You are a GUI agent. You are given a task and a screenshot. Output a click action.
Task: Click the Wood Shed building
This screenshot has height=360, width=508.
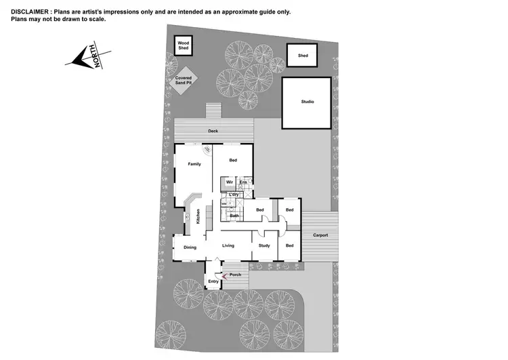point(183,46)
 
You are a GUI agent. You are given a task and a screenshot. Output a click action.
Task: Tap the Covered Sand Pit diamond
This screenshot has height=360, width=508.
point(184,81)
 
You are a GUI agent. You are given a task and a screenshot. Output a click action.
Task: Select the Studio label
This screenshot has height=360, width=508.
point(308,102)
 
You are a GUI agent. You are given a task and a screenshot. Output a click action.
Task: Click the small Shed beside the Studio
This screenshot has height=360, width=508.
point(302,56)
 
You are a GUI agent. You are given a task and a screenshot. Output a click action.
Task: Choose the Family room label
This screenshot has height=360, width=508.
point(194,164)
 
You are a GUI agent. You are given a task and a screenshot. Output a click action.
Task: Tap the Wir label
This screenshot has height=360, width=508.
point(230,182)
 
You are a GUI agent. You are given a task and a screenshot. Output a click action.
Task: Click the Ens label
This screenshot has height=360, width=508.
point(243,182)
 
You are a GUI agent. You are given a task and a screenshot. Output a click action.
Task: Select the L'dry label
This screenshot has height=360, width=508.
point(234,195)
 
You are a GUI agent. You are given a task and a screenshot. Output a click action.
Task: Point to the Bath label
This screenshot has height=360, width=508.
point(234,216)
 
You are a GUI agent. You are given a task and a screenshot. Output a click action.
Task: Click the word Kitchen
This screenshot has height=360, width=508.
point(198,216)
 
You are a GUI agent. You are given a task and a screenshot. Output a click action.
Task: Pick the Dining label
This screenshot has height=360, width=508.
point(190,247)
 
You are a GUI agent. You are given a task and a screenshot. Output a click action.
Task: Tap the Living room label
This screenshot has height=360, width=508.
point(228,245)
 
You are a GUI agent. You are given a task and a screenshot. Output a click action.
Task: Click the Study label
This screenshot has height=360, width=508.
point(264,245)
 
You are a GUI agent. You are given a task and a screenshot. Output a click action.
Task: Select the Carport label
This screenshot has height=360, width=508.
point(320,235)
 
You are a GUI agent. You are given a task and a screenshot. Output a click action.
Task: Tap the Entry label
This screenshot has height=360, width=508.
point(213,281)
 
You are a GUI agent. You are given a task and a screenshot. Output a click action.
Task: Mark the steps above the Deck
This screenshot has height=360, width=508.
point(213,111)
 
